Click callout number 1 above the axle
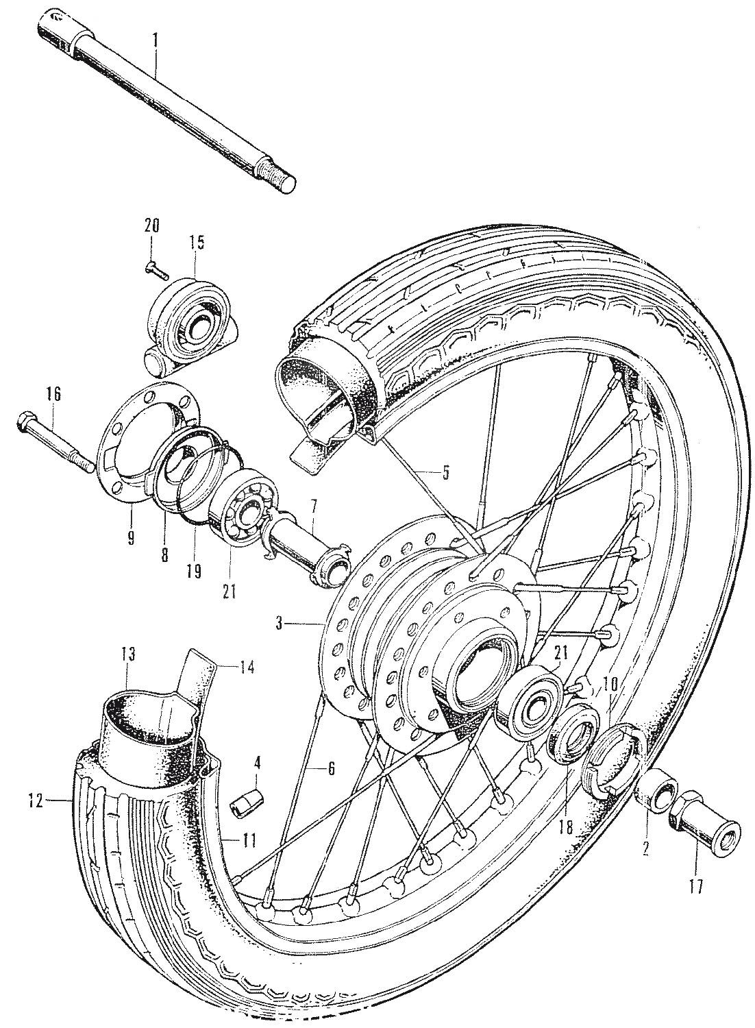click(156, 40)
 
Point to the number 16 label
click(53, 394)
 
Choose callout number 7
click(312, 507)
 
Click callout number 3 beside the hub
click(280, 623)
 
